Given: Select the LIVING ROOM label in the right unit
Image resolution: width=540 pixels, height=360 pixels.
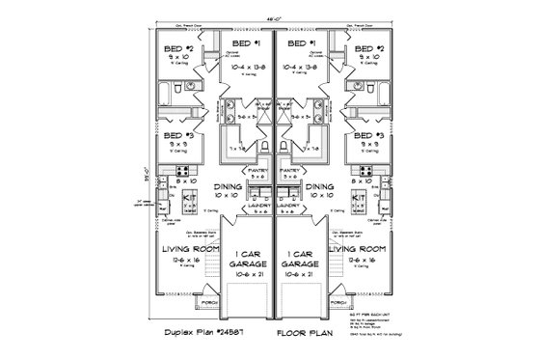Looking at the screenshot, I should (x=363, y=250).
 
